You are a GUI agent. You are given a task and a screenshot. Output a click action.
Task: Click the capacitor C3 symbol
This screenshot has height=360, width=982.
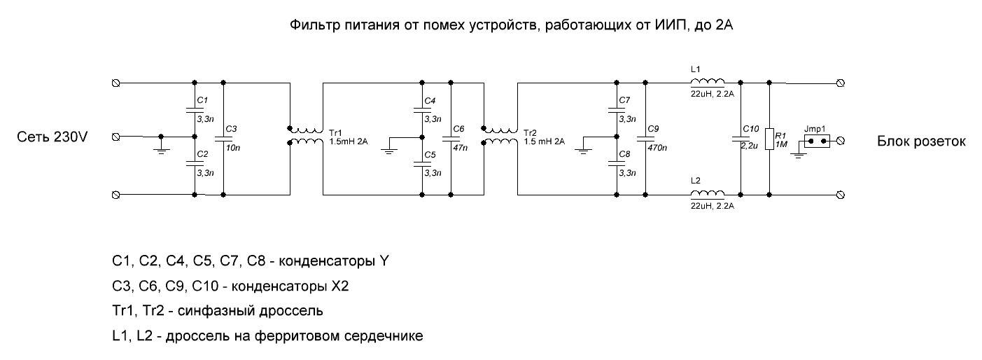(223, 137)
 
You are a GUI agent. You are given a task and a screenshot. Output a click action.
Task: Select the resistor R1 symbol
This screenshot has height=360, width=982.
(769, 138)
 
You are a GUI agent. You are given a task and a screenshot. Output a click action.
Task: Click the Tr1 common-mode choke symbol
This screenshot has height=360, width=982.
(305, 136)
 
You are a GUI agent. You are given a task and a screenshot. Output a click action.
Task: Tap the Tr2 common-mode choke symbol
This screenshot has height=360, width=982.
(500, 136)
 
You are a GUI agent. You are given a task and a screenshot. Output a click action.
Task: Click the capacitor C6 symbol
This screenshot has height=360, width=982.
(451, 137)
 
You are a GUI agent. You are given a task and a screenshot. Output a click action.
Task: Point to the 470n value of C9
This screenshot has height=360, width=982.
(657, 148)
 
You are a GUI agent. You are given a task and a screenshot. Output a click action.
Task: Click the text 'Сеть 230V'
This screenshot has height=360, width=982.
(52, 138)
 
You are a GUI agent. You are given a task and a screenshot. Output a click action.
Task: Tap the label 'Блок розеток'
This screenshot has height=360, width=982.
(921, 141)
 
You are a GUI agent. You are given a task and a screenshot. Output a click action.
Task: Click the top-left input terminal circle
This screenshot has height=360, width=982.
(116, 83)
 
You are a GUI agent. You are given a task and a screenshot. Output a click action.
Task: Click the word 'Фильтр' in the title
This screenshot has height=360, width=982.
(311, 26)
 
